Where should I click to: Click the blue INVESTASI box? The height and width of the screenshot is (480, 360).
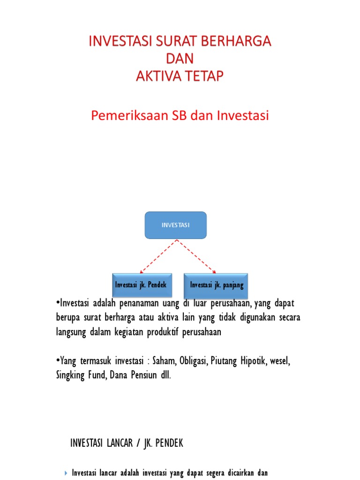175,225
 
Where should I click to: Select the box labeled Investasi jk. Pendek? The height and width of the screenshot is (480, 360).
141,285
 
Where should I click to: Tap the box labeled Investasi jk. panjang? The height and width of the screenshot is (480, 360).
217,285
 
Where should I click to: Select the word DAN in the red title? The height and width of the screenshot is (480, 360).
180,59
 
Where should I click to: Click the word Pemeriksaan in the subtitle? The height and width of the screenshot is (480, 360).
124,115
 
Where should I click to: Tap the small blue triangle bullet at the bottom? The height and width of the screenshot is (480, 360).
66,473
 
